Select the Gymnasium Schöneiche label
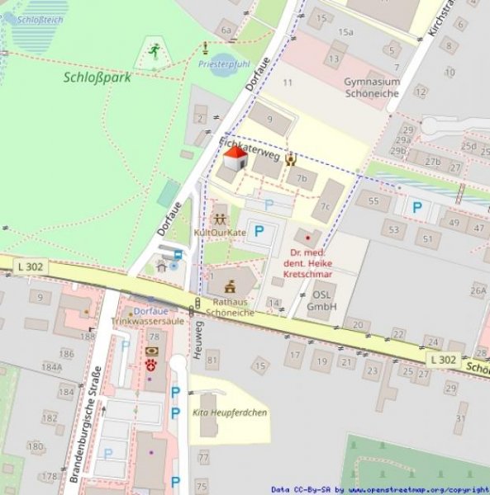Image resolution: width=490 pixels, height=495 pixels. click(372, 87)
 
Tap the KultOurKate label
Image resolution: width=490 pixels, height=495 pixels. click(220, 233)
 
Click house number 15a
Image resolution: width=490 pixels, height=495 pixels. click(345, 32)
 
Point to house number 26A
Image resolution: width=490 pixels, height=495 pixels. click(478, 290)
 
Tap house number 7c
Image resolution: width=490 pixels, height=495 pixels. click(326, 207)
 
